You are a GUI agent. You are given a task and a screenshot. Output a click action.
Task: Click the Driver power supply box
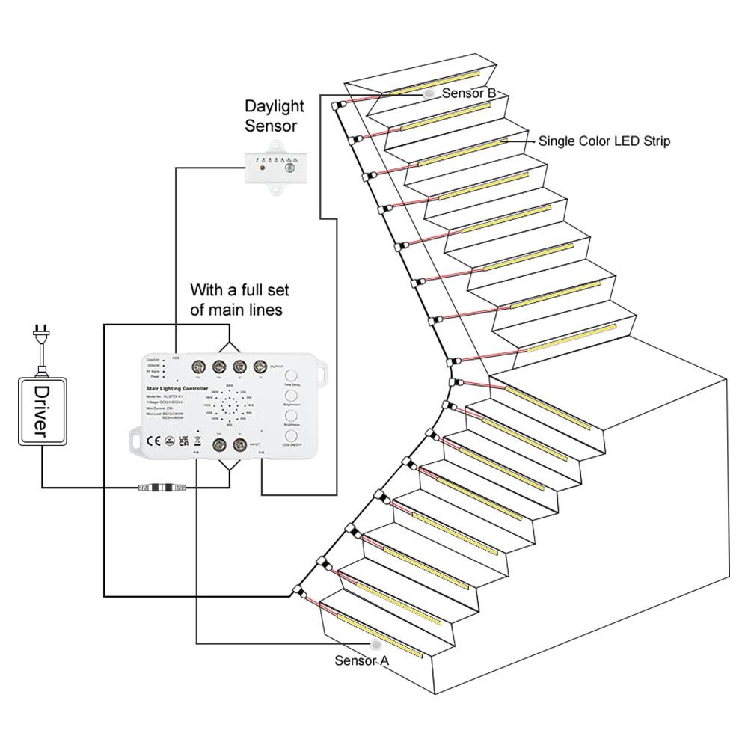tap(41, 411)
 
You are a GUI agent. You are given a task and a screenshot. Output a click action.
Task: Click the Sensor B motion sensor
tap(429, 94)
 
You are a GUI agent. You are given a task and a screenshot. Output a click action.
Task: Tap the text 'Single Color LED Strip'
tap(604, 141)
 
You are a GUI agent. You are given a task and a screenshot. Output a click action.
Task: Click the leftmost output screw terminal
tap(200, 367)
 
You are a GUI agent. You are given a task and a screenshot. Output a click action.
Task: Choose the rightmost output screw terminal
tap(260, 367)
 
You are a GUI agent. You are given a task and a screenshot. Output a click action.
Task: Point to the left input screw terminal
tap(220, 445)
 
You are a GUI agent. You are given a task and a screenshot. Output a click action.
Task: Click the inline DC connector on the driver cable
tap(162, 488)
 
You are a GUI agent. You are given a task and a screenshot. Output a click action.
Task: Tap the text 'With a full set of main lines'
tap(239, 299)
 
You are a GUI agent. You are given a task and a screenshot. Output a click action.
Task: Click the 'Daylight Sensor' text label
tap(271, 117)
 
